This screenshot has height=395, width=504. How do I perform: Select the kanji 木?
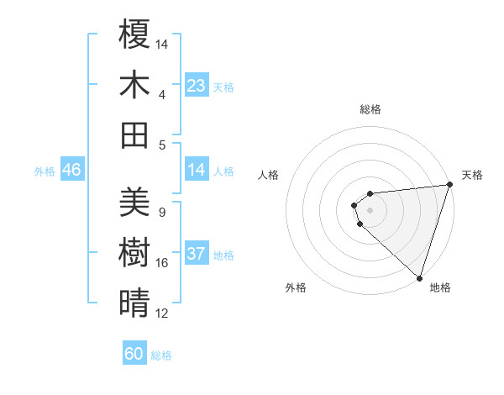[x=134, y=85]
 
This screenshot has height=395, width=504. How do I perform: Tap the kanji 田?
[x=134, y=134]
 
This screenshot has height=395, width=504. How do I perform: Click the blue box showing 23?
[x=196, y=86]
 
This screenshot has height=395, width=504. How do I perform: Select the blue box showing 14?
[x=196, y=171]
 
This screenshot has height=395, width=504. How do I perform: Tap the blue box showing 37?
[x=196, y=255]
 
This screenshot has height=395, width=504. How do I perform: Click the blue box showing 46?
[x=72, y=171]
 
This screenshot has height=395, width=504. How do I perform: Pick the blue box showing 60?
[x=134, y=354]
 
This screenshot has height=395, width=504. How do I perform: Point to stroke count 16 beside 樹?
[x=162, y=263]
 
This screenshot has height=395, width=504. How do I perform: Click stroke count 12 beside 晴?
[x=162, y=313]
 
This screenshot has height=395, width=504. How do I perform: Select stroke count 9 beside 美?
[x=162, y=213]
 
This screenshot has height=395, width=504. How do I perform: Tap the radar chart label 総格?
[x=370, y=109]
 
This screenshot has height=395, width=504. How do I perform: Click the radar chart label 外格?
[x=296, y=288]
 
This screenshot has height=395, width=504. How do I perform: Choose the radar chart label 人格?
[x=269, y=175]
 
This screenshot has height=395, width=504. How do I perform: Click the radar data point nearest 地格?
[x=419, y=277]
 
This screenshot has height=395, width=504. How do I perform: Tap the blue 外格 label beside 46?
[x=45, y=171]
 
